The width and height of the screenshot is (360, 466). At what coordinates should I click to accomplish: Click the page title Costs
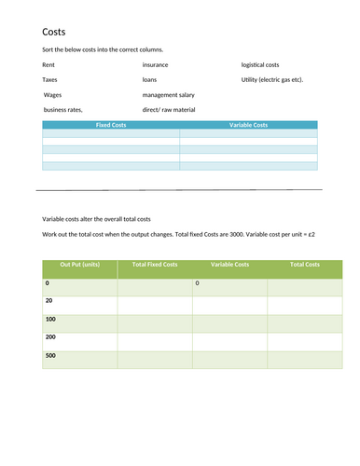tap(53, 32)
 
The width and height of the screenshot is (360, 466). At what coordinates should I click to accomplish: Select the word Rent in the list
tap(48, 65)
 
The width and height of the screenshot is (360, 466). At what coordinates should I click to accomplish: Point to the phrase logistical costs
tap(260, 65)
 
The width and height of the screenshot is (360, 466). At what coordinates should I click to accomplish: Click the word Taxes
tap(50, 80)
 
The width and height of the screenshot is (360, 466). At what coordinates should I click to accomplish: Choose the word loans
tap(149, 80)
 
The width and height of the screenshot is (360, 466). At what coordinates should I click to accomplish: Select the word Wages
tap(53, 95)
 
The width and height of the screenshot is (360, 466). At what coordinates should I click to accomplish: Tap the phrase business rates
tap(63, 110)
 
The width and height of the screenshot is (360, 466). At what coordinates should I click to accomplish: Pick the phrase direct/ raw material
tap(169, 110)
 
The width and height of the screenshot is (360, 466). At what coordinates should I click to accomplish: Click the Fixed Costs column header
tap(111, 124)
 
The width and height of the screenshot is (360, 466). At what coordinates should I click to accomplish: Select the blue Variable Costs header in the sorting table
tap(248, 124)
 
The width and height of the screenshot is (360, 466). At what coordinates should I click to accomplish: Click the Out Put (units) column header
tap(79, 266)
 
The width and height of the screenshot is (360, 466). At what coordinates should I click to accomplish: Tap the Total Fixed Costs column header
tap(155, 266)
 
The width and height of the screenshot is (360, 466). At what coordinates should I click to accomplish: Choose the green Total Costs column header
tap(305, 266)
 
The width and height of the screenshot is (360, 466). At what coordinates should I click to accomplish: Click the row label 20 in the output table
tap(48, 300)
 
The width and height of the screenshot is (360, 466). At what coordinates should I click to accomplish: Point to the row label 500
tap(50, 355)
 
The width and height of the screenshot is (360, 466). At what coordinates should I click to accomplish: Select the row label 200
tap(50, 336)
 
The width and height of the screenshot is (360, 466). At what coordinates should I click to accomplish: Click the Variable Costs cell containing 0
tap(198, 282)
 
